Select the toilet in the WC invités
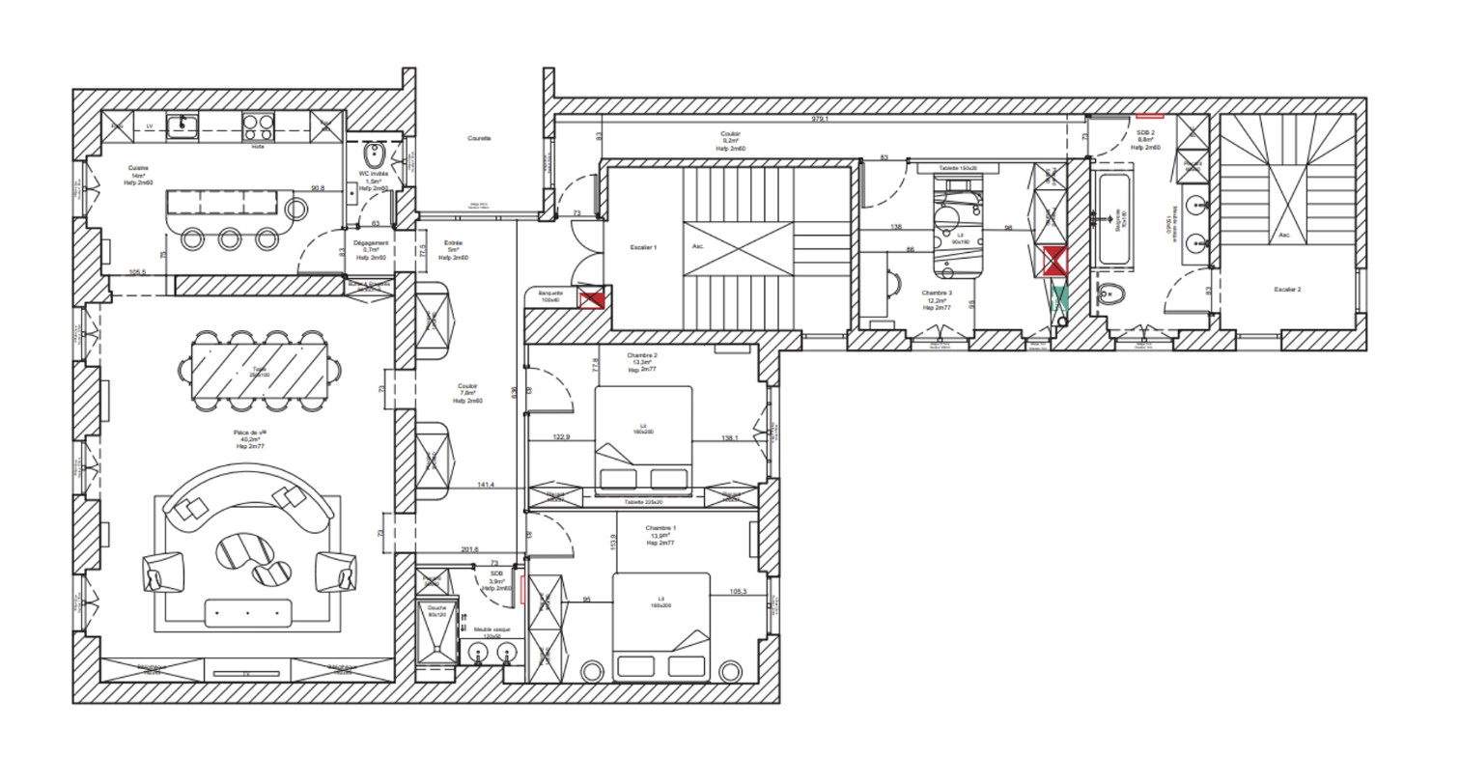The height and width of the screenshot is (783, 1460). (375, 156)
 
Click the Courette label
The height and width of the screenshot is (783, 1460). (479, 139)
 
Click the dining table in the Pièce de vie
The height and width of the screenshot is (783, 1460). (260, 369)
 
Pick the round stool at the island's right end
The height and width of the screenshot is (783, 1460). (295, 208)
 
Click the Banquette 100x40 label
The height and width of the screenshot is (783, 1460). (550, 297)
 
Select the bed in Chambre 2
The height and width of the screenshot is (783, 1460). (644, 439)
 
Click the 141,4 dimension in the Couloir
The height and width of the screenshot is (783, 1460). (486, 485)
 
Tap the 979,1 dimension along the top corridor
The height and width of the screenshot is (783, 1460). (820, 119)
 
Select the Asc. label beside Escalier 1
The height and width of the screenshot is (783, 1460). (698, 246)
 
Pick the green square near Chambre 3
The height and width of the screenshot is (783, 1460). (1059, 298)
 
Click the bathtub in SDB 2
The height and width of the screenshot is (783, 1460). (1120, 222)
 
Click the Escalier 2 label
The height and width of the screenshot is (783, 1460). (1287, 289)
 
